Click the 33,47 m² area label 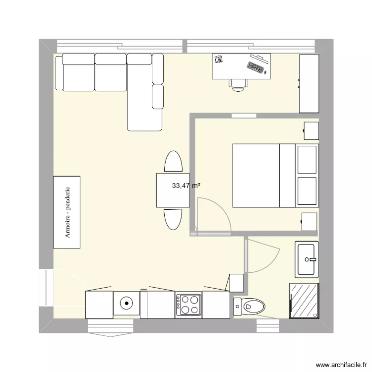186,186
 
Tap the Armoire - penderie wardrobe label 67,212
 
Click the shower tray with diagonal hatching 304,300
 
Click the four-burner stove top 188,305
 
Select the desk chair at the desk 239,85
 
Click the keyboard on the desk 256,67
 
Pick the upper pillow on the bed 307,159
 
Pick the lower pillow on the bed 307,190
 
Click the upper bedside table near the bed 310,131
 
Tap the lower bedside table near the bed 310,221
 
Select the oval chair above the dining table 173,162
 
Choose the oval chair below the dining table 173,219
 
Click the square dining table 173,190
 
